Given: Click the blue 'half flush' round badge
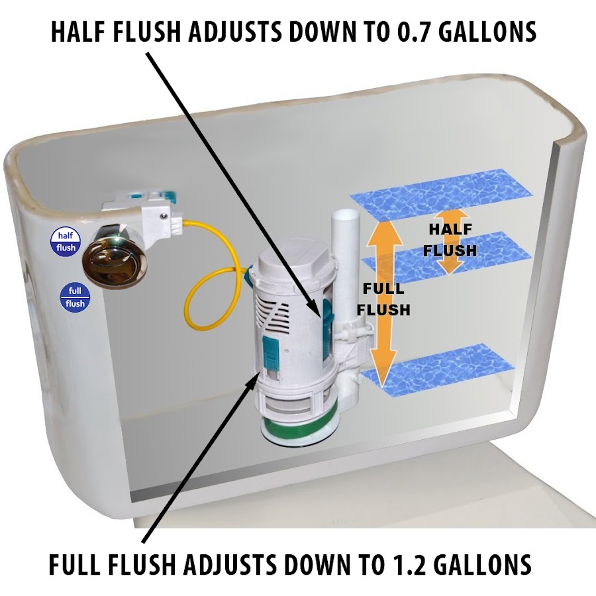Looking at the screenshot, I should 66,242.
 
